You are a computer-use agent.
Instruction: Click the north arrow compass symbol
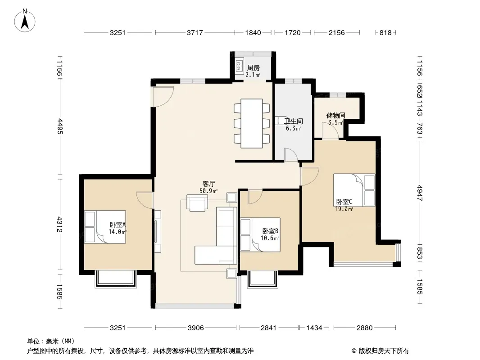tap(25, 20)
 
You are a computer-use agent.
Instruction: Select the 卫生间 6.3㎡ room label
tap(294, 125)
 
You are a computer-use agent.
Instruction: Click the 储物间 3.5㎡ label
tap(336, 119)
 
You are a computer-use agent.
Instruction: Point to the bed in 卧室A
tap(105, 227)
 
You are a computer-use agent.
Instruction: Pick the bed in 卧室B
tap(260, 234)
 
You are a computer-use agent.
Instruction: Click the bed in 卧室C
tap(354, 190)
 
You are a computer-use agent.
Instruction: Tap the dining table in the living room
tap(252, 123)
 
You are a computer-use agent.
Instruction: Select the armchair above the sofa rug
tap(197, 203)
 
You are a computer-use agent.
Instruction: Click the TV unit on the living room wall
tap(157, 231)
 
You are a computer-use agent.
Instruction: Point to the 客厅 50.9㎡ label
tap(208, 187)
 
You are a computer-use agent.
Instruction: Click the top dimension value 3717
tap(195, 32)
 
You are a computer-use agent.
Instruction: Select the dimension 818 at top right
tap(385, 32)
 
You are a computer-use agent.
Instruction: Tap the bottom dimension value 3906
tap(195, 328)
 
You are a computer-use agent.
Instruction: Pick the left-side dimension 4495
tap(60, 126)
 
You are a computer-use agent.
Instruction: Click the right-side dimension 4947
tap(419, 193)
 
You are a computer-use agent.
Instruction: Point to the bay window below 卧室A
tap(115, 279)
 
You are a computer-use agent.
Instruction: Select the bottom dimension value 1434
tap(314, 328)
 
